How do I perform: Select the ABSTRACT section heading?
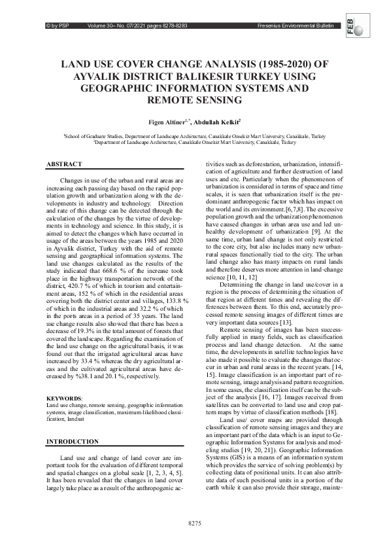[x=64, y=164]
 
